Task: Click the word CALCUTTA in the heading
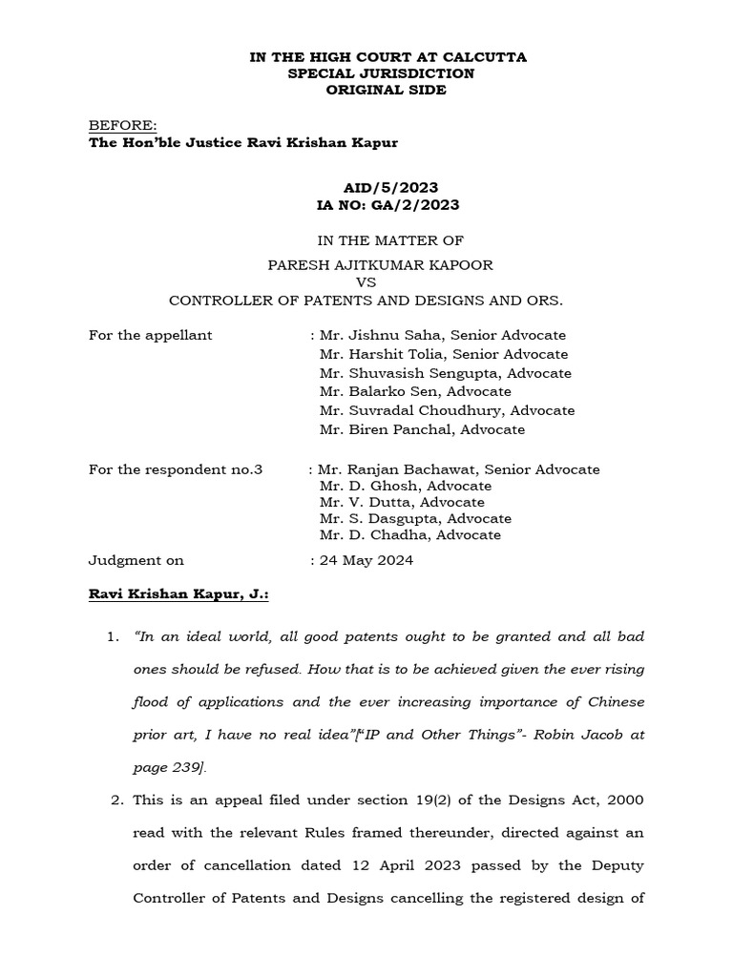point(483,57)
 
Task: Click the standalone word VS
point(366,282)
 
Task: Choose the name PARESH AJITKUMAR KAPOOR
point(366,264)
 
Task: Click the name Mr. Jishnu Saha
point(380,335)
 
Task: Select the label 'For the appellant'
point(150,335)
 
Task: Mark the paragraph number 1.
point(114,636)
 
